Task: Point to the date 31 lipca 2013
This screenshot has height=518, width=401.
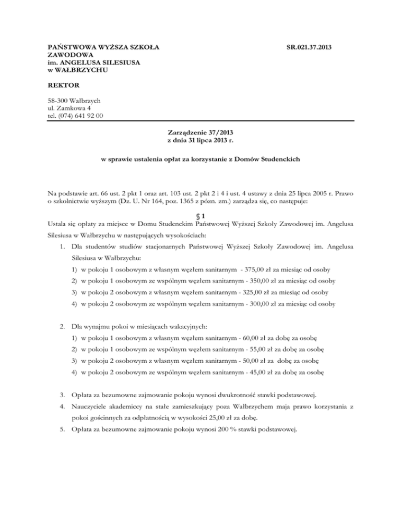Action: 205,142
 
